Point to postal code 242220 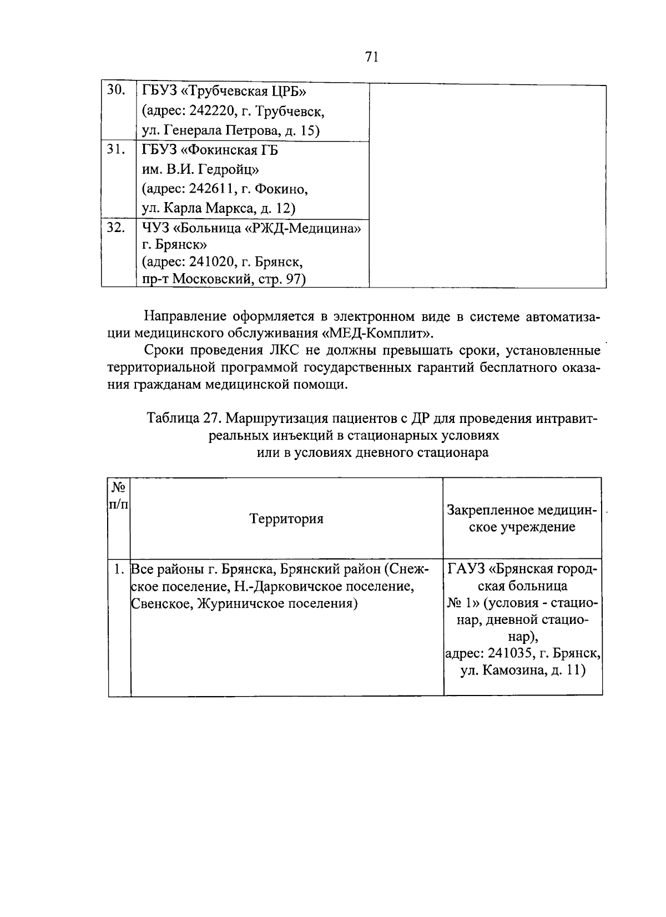(x=209, y=112)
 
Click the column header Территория (x=286, y=519)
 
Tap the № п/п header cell (x=119, y=497)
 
